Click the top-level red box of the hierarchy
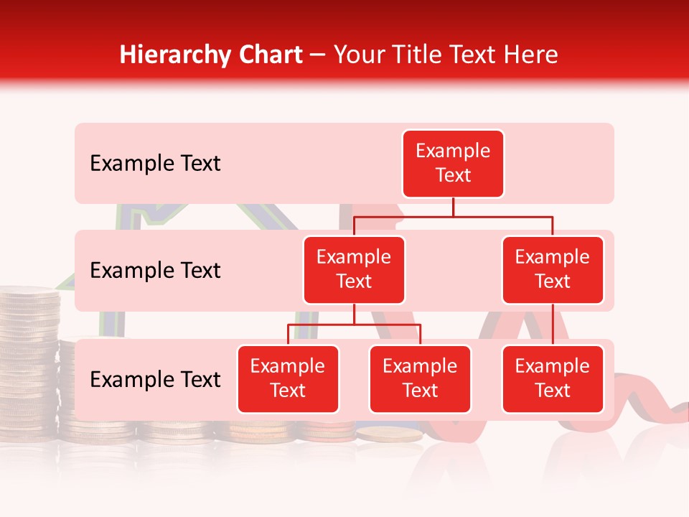tap(453, 163)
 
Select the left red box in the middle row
tap(354, 269)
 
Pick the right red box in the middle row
tap(553, 269)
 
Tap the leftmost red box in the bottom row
tap(288, 378)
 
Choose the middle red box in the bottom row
tap(420, 378)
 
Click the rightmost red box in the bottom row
tap(553, 378)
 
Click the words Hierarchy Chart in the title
tap(211, 55)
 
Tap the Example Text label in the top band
tap(155, 164)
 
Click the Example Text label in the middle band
tap(155, 271)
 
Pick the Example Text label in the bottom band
tap(155, 380)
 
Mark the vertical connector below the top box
tap(453, 207)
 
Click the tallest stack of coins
tap(29, 359)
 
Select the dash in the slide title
tap(318, 55)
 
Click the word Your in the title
tap(357, 55)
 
